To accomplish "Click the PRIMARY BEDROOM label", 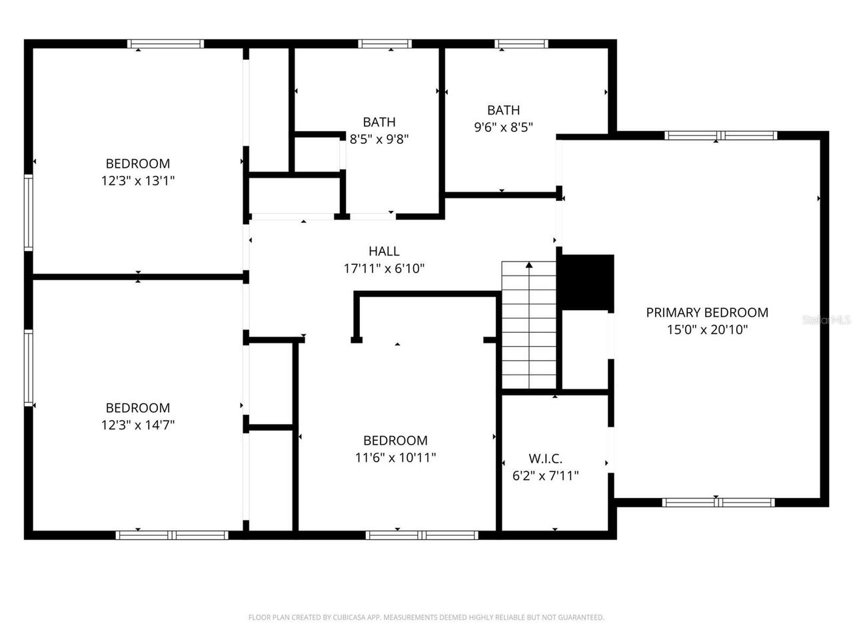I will click(x=707, y=312).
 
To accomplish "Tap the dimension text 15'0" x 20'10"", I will click(x=707, y=329).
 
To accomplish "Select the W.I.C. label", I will click(x=545, y=459).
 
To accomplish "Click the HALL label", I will click(x=384, y=251).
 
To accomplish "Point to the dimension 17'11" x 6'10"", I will click(x=384, y=269).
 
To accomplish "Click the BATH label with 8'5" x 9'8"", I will click(x=379, y=122).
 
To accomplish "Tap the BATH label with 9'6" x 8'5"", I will click(x=503, y=110).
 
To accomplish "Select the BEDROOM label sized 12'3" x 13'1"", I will click(x=137, y=163).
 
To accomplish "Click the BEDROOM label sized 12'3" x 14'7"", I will click(x=137, y=407).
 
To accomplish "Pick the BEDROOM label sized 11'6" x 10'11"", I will click(x=395, y=440).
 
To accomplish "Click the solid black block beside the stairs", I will click(x=586, y=282).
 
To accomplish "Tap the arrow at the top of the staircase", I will click(x=529, y=266).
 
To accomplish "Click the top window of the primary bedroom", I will click(x=720, y=136).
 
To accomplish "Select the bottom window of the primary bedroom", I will click(x=718, y=503).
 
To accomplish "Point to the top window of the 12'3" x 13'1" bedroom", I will click(x=165, y=44).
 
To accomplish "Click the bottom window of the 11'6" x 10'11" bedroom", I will click(x=422, y=535).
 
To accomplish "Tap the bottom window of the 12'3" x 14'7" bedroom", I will click(x=172, y=535).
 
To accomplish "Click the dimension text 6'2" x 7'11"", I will click(x=545, y=476).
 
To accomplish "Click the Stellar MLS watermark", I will click(x=826, y=320).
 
